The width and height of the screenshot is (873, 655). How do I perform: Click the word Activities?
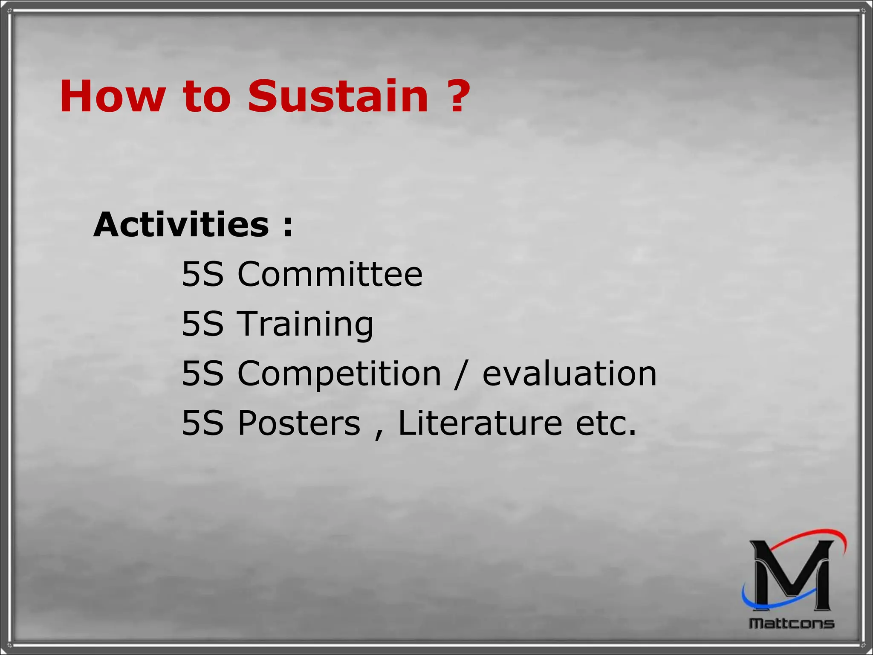tap(181, 225)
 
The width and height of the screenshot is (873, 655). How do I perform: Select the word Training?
tap(305, 324)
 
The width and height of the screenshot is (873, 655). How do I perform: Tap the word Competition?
tap(339, 374)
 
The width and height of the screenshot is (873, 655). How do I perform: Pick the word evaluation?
tap(569, 374)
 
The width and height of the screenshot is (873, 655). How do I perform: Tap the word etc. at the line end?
tap(606, 424)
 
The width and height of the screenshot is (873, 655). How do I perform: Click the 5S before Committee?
tap(202, 274)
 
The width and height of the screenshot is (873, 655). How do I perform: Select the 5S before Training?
tap(202, 324)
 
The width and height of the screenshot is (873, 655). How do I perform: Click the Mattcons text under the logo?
tap(792, 623)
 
